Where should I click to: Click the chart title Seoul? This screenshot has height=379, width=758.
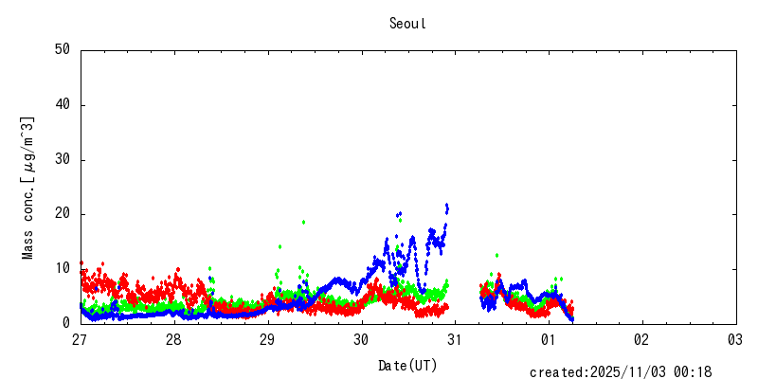coord(407,24)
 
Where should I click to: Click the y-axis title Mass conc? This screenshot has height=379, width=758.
coord(28,188)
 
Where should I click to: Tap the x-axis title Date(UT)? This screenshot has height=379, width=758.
coord(407,365)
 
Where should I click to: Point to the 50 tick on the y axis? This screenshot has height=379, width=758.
coord(63,50)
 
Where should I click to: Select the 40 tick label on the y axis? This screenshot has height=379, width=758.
coord(63,105)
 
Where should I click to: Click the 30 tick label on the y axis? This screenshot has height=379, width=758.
coord(63,160)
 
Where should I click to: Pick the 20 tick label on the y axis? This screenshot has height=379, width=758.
coord(63,214)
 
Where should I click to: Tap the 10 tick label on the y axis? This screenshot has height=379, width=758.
coord(63,269)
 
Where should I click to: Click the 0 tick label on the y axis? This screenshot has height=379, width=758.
coord(66,323)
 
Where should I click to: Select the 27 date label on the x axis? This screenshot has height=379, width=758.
coord(81,339)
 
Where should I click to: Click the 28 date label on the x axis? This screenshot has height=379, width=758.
coord(174,339)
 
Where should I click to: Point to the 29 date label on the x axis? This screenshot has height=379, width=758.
coord(268,339)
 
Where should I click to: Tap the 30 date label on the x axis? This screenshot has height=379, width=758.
coord(361,339)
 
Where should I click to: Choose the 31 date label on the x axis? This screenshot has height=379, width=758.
coord(455,339)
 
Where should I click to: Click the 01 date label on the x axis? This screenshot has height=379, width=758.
coord(549,339)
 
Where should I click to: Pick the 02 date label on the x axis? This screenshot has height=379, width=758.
coord(641,339)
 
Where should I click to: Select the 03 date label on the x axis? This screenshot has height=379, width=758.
coord(735,339)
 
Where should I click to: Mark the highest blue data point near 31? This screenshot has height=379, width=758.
coord(446,206)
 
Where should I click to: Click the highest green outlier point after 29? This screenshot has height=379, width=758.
coord(303,222)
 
